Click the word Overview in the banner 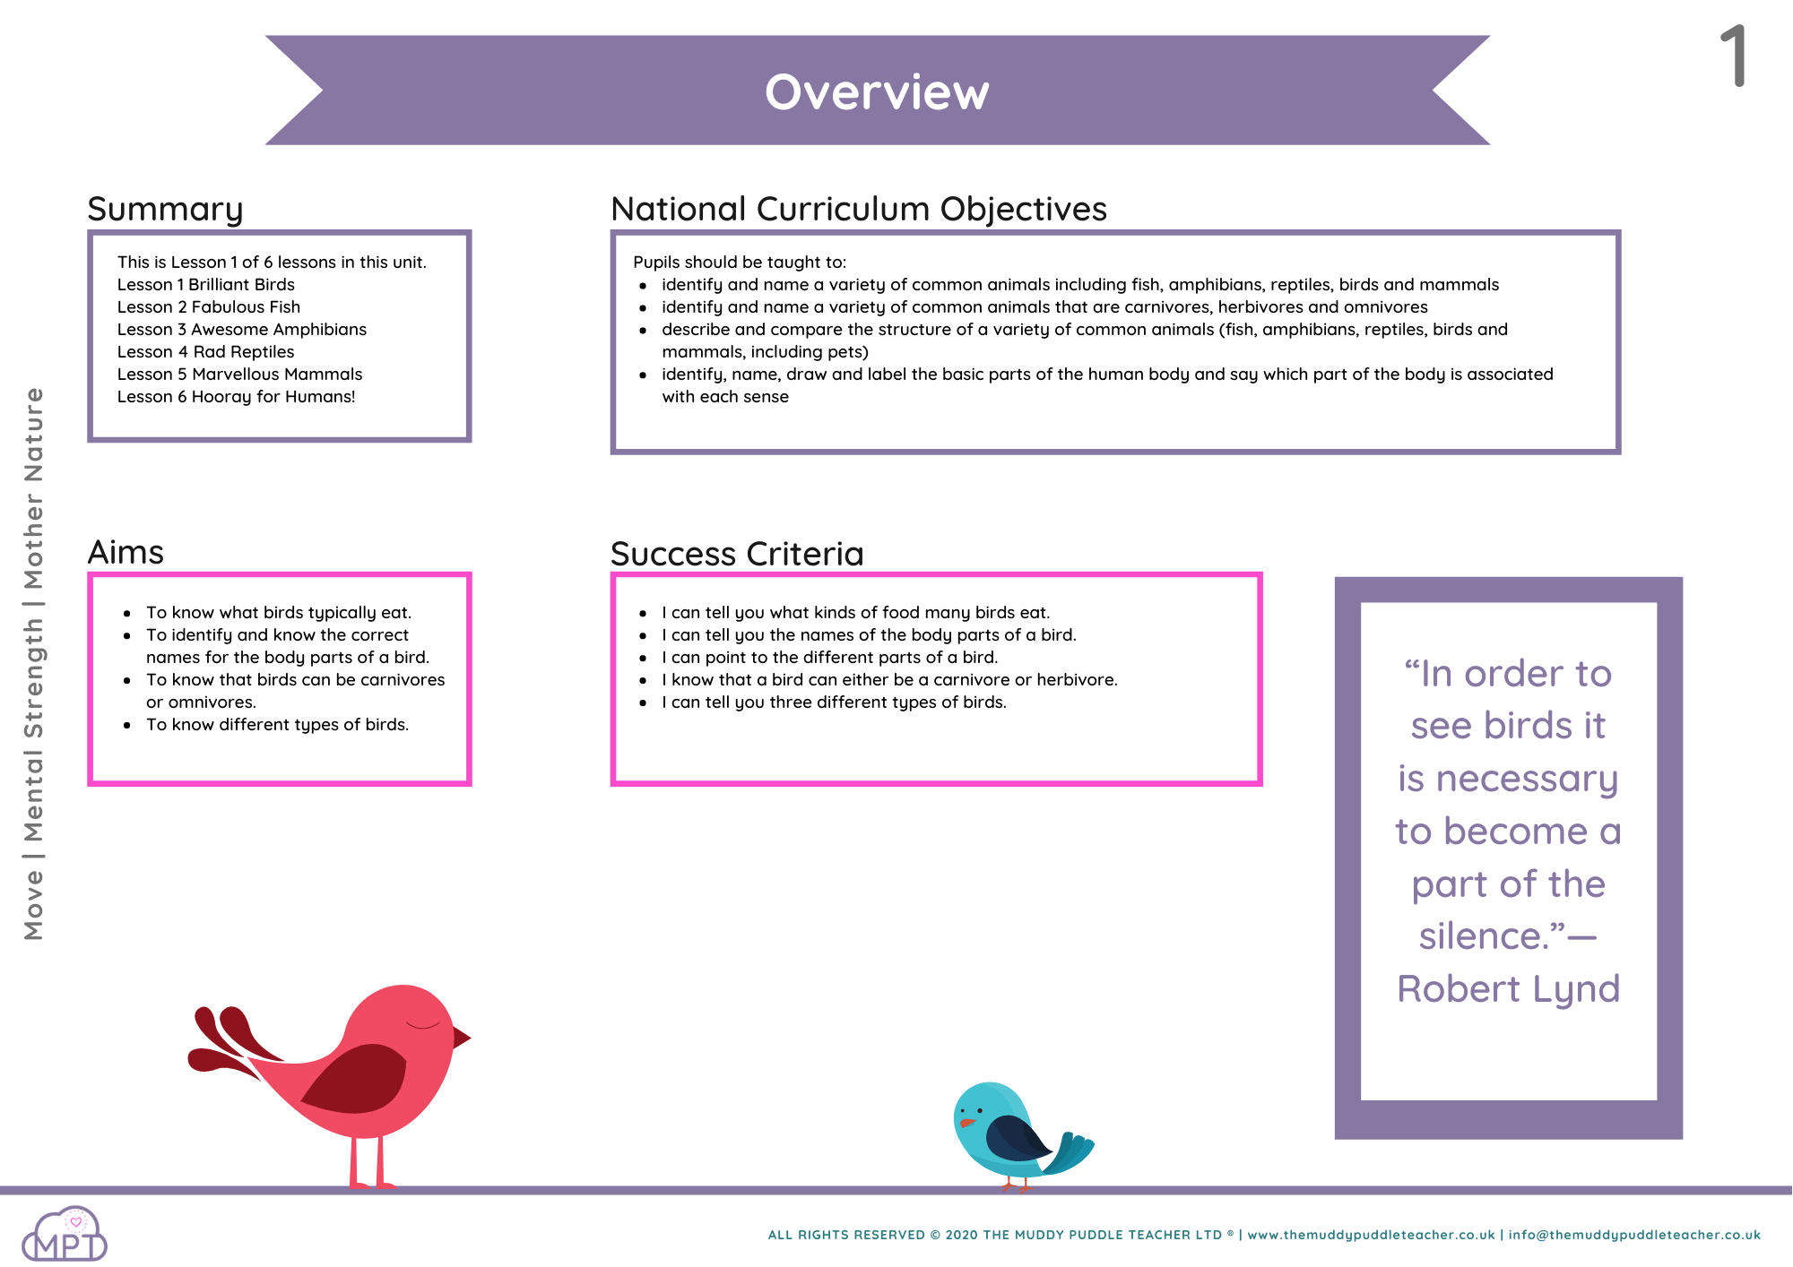click(x=877, y=91)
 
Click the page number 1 click(x=1734, y=56)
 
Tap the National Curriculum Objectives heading click(x=859, y=209)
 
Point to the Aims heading click(x=126, y=552)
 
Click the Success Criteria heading click(x=737, y=554)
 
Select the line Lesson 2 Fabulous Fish click(x=209, y=306)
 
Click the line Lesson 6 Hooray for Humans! click(x=237, y=396)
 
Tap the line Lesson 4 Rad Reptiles click(x=205, y=351)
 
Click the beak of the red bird click(x=461, y=1038)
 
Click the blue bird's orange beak click(x=966, y=1122)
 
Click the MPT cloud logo click(x=65, y=1235)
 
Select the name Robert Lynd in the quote click(x=1508, y=989)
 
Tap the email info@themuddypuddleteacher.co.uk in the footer click(x=1634, y=1235)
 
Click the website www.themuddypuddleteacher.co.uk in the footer click(x=1371, y=1235)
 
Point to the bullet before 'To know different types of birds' click(x=127, y=725)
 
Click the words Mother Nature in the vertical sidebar click(x=33, y=488)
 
